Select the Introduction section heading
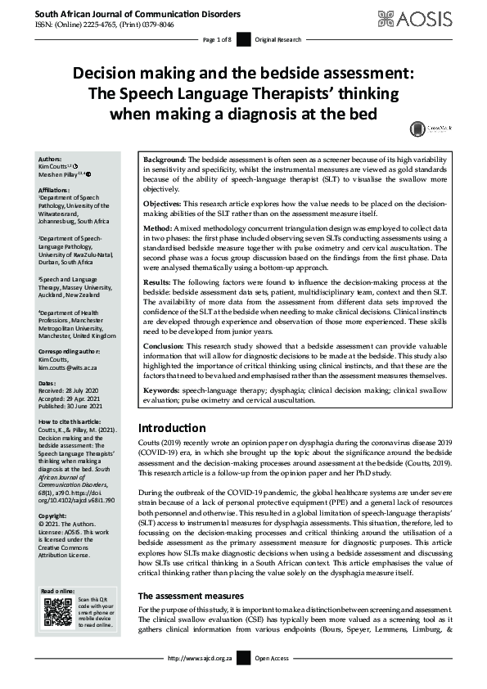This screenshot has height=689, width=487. [x=171, y=428]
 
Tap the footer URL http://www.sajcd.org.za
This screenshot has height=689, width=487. [x=200, y=681]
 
